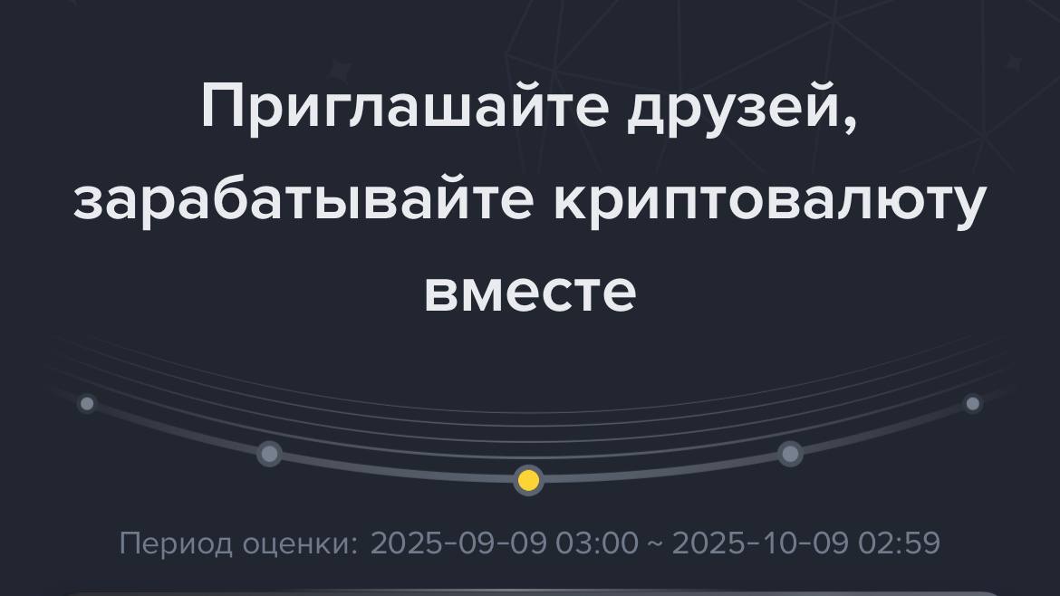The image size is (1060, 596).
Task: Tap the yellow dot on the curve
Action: [529, 480]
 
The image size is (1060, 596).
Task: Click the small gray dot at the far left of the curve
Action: [87, 404]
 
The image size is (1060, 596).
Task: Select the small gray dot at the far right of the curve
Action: [973, 404]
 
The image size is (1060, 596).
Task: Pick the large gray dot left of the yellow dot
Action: [270, 454]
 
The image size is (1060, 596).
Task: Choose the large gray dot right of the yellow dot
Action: [790, 454]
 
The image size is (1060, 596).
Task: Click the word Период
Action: [176, 544]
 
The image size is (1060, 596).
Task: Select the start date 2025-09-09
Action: [458, 543]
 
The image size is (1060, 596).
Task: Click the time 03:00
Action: [597, 543]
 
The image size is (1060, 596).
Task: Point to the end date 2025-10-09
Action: [759, 543]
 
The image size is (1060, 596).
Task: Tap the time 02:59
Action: [899, 543]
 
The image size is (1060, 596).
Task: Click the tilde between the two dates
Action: [655, 544]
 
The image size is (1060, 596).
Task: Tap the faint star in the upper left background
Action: [340, 71]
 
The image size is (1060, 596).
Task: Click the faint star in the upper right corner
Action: [1013, 64]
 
